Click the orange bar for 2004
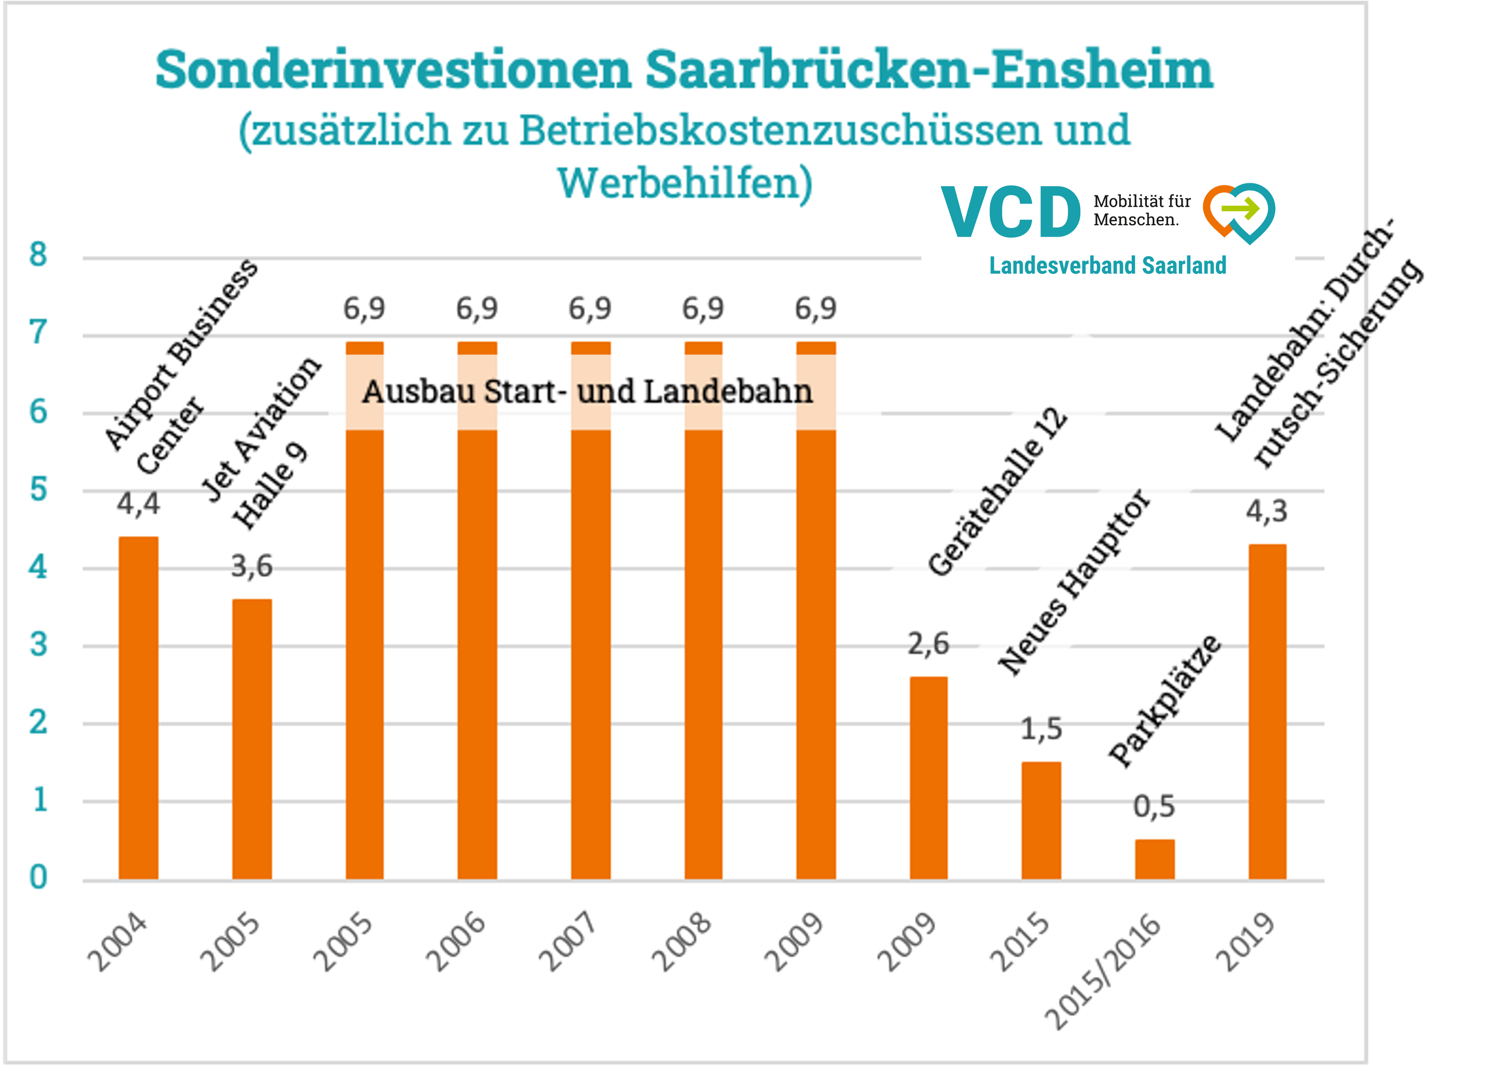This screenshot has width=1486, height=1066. [x=138, y=707]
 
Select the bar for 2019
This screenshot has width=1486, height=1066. [x=1267, y=711]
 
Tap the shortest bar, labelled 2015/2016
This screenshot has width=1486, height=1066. [x=1154, y=859]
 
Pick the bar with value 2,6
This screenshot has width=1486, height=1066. [x=929, y=777]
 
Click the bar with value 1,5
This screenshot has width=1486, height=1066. [x=1041, y=820]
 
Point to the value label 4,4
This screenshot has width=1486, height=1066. [x=138, y=504]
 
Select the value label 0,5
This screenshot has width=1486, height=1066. [x=1154, y=806]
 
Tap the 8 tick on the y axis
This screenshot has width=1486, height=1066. [x=38, y=254]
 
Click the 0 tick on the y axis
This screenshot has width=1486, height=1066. [x=38, y=877]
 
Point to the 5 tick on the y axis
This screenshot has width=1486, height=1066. [x=38, y=489]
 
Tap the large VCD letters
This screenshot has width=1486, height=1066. [x=1010, y=212]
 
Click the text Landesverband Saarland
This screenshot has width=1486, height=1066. [x=1107, y=265]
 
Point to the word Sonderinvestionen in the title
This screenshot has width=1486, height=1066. [x=393, y=69]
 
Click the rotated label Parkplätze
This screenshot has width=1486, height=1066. [x=1165, y=701]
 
